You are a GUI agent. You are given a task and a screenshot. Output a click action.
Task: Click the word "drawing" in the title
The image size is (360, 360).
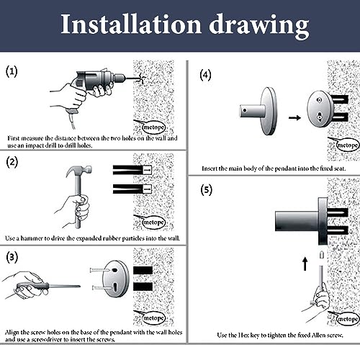tap(259, 26)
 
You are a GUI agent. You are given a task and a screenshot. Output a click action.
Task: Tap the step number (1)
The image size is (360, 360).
tap(12, 71)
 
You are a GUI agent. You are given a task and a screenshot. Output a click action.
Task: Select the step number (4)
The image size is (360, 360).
tap(205, 75)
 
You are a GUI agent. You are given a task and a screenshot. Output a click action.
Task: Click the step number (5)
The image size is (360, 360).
tap(206, 190)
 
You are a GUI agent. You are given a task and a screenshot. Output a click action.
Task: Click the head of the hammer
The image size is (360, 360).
tap(78, 170)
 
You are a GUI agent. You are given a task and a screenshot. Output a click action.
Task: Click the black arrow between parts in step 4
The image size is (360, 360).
tap(294, 117)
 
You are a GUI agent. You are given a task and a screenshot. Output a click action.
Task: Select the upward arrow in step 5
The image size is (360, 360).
tap(305, 264)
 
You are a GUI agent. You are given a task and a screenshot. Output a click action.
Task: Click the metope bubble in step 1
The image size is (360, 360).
tap(153, 127)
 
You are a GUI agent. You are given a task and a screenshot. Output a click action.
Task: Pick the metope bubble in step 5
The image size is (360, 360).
tap(347, 319)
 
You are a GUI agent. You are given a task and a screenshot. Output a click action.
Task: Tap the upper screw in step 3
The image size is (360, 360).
tap(100, 270)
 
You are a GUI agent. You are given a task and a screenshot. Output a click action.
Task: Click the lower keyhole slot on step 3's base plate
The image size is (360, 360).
tap(115, 286)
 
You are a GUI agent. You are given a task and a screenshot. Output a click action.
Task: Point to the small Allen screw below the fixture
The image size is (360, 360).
tap(322, 255)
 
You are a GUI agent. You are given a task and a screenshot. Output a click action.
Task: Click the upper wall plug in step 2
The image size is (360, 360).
tap(132, 170)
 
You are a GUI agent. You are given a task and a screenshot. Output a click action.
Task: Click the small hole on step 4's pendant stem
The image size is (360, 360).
tap(245, 110)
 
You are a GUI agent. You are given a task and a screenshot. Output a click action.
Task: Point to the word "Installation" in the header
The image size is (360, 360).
tap(131, 24)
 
